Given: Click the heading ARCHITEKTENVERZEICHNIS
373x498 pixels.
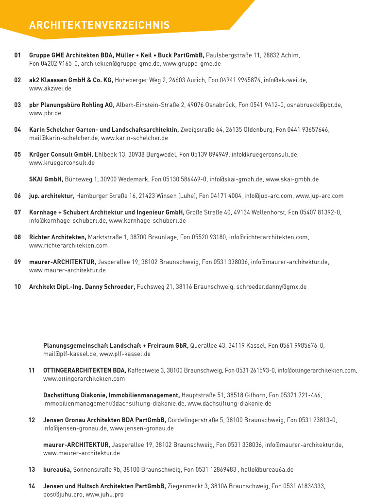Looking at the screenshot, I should (99, 25).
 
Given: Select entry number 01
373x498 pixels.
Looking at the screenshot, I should (17, 55).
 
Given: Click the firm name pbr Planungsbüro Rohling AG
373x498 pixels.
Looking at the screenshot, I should (72, 105).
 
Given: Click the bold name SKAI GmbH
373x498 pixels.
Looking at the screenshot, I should (46, 179).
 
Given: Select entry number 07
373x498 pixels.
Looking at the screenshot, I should (17, 213).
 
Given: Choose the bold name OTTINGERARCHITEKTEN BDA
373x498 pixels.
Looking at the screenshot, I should (85, 371).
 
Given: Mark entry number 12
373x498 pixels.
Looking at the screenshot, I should (32, 420).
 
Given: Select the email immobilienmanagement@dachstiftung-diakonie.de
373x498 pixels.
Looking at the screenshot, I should (114, 404).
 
